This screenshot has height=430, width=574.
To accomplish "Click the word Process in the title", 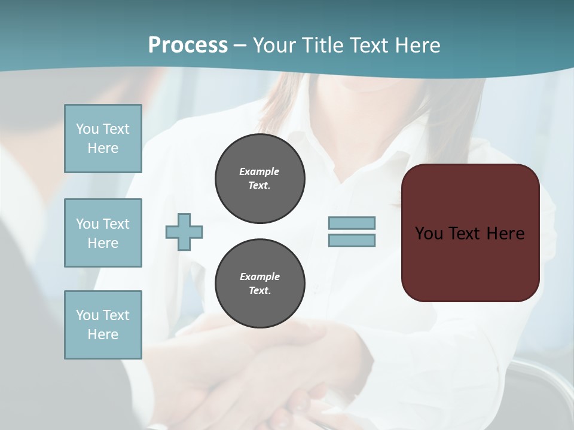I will [x=188, y=45].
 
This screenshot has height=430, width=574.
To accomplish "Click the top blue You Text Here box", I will [x=103, y=139].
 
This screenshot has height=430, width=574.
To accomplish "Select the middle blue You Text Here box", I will [x=103, y=233].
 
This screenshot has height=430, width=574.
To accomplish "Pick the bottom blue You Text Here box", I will [x=103, y=325].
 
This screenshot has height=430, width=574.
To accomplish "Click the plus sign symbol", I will [x=184, y=232].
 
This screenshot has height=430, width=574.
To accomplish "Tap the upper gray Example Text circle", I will [x=259, y=179].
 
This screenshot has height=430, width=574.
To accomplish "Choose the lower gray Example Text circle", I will [x=259, y=284].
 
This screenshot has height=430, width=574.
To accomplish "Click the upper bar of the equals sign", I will [x=352, y=223].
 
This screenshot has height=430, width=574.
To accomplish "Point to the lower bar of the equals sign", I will [x=352, y=241].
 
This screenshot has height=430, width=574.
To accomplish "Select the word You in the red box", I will [x=429, y=234].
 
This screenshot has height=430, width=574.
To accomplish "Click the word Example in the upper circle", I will [x=259, y=171].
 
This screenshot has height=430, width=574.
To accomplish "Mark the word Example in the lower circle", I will [x=259, y=277].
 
